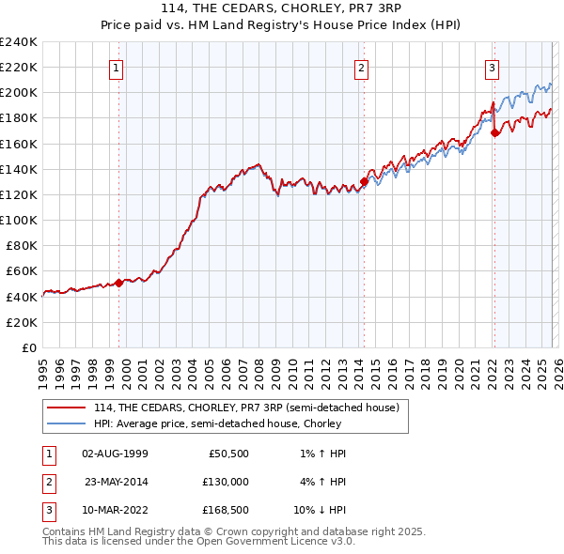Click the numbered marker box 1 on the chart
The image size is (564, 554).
tap(116, 67)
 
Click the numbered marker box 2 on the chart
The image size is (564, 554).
tap(362, 67)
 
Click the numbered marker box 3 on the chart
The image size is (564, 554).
tap(492, 67)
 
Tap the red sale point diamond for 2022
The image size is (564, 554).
tap(494, 133)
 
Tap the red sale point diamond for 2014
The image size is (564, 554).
tap(365, 182)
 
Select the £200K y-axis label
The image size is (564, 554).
tap(19, 93)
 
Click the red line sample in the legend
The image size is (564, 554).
tap(66, 408)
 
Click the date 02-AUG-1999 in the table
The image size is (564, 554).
tap(115, 454)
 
